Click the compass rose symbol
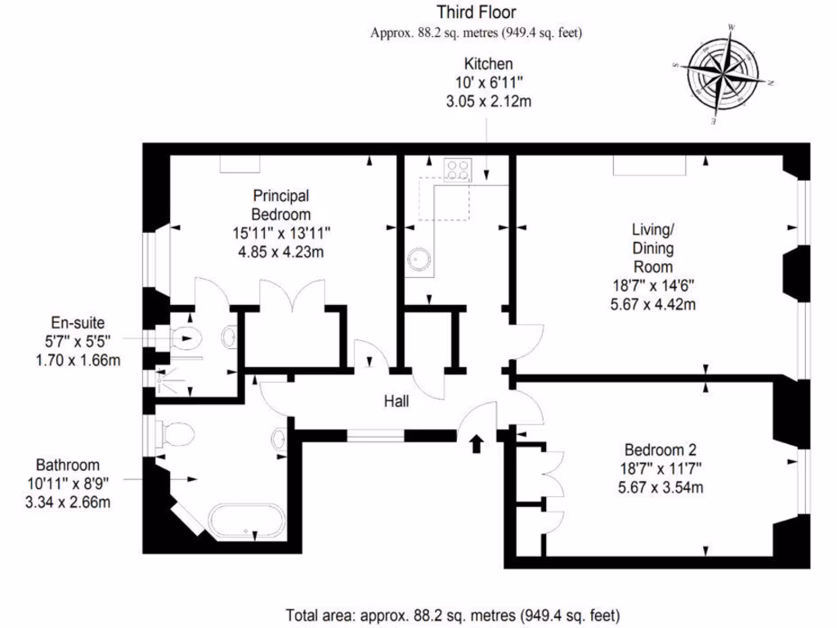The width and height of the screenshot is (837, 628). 727,72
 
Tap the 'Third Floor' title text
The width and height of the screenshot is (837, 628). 476,12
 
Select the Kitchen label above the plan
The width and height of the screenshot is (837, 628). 488,64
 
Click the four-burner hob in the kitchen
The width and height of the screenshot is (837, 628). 457,170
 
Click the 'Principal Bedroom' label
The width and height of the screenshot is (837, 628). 280,204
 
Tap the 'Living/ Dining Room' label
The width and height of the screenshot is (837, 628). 652,248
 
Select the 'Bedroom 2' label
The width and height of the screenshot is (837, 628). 660,450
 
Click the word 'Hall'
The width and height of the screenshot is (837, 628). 396,401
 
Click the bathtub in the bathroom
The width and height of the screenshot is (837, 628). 247,521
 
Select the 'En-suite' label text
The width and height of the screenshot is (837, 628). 78,323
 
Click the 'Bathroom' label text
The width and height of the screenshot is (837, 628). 68,465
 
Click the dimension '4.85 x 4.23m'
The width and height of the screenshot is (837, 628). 280,252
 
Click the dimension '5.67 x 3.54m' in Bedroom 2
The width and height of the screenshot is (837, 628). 660,488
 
